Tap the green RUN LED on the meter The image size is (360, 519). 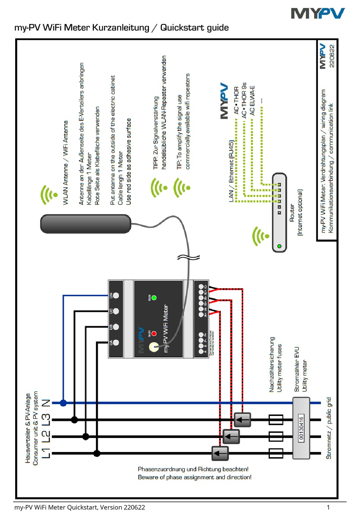154,298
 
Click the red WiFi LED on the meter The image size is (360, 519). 154,333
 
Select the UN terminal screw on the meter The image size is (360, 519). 116,295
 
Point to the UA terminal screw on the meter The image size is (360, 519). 116,342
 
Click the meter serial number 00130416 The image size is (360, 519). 301,428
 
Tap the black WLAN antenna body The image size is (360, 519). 86,224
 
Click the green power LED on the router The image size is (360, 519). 279,246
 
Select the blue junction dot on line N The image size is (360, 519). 63,403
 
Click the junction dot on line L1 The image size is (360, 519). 97,453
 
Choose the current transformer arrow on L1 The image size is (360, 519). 220,453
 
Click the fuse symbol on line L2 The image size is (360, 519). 276,436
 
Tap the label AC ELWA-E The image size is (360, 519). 252,100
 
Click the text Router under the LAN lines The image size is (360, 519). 292,213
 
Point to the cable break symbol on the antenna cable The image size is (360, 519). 188,258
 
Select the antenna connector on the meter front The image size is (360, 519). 154,347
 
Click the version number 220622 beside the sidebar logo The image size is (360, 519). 332,56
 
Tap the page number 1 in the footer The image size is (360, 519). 328,507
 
